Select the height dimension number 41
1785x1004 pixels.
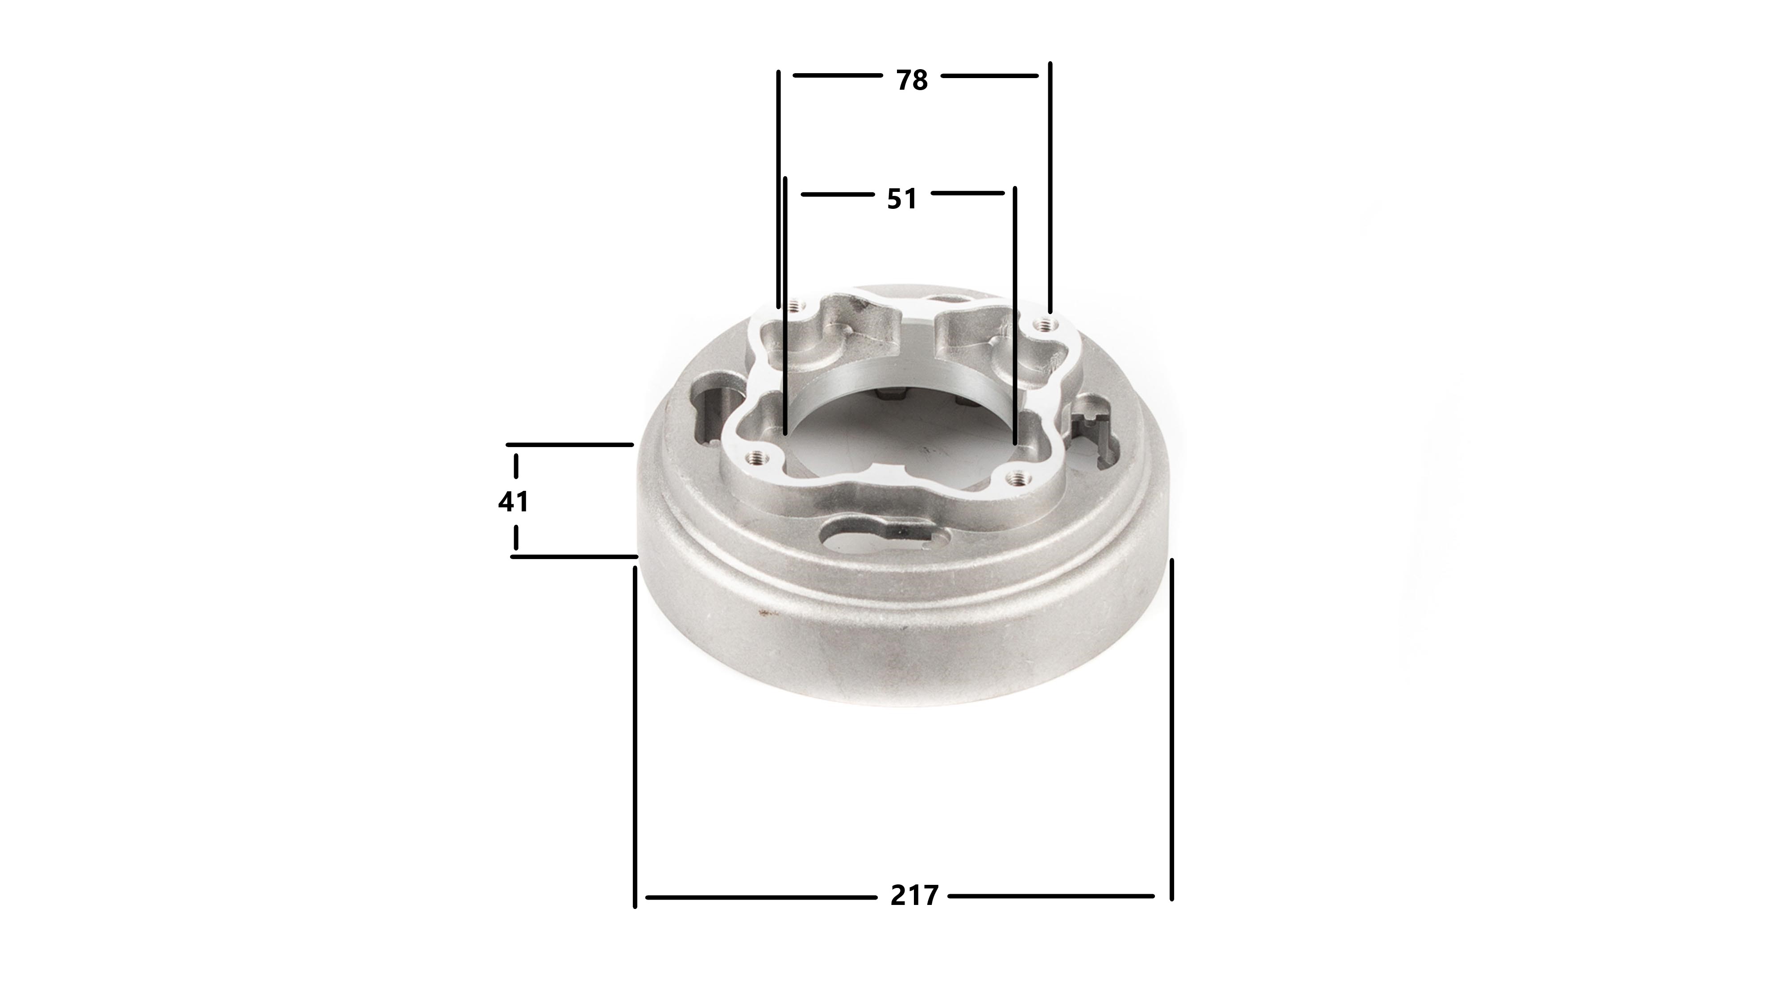514,501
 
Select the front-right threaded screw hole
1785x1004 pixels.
1018,476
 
